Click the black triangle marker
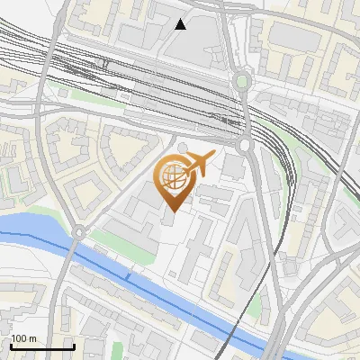point(181,24)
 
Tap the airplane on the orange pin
point(199,163)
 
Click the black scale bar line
point(42,346)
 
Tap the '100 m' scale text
point(24,338)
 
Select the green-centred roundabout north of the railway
point(241,82)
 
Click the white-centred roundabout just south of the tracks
point(244,143)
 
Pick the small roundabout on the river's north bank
point(77,232)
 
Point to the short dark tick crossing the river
point(128,278)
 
